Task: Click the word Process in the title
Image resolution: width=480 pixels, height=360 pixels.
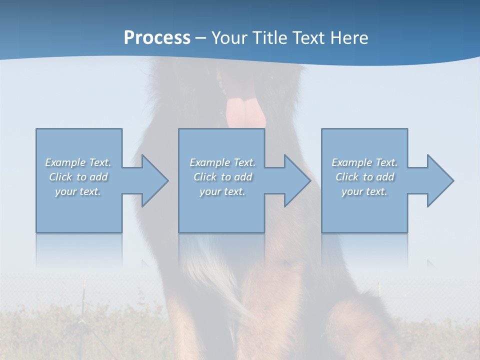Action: [157, 37]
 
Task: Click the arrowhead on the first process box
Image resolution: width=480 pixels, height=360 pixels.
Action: [152, 180]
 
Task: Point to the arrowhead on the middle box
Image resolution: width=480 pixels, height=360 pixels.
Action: [295, 180]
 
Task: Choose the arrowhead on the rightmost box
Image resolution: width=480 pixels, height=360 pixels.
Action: [438, 180]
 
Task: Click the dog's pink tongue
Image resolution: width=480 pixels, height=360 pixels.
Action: [244, 112]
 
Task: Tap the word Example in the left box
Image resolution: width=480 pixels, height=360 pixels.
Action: [65, 162]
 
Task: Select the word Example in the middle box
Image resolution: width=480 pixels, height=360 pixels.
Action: [209, 162]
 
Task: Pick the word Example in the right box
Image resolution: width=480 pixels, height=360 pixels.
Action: [351, 162]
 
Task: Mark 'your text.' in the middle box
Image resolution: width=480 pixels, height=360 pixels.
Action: [222, 191]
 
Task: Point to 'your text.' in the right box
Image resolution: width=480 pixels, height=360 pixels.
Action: [364, 191]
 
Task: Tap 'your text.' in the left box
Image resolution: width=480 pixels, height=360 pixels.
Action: [78, 191]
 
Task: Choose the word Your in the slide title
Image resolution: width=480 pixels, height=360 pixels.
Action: [227, 37]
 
